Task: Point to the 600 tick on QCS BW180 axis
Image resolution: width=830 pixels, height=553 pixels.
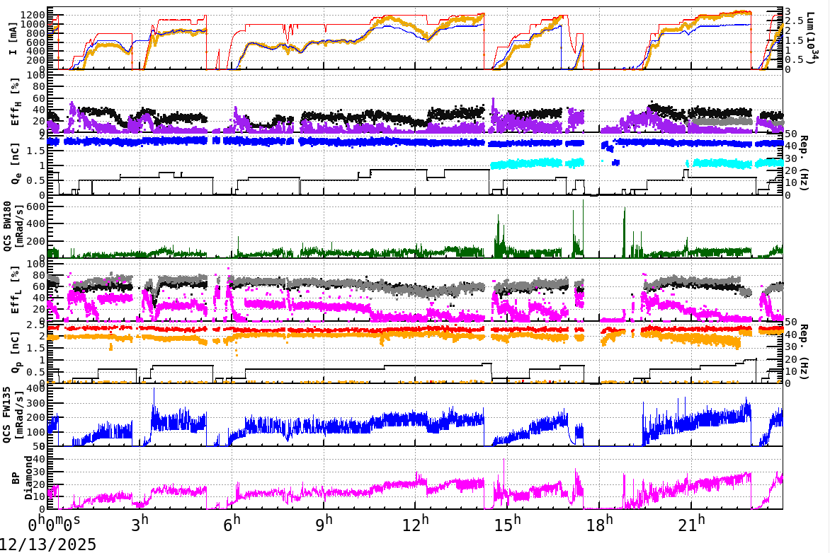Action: pos(47,206)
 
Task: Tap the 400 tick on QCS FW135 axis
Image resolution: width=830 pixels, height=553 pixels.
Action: pos(47,389)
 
